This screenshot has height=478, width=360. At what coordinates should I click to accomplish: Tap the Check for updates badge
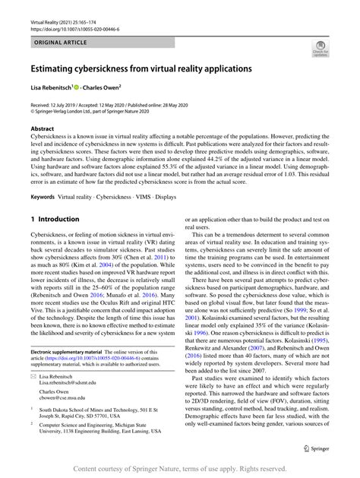pos(320,51)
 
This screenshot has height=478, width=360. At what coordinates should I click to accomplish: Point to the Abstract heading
pos(42,130)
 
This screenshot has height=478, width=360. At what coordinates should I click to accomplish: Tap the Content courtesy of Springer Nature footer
pos(179,469)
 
